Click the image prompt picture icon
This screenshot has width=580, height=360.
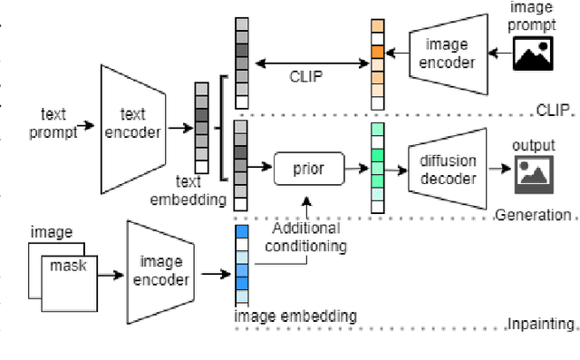pos(532,55)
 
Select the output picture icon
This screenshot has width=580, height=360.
pos(534,175)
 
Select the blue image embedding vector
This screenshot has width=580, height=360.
pos(241,264)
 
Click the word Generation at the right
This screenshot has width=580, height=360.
pos(534,215)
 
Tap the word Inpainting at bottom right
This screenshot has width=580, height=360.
pos(540,324)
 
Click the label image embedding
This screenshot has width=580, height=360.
pos(295,316)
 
